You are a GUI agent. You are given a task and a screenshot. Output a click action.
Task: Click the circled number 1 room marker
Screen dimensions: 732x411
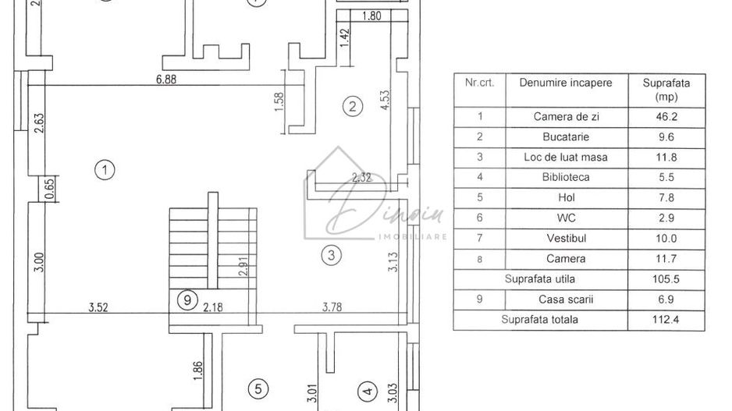click(x=103, y=168)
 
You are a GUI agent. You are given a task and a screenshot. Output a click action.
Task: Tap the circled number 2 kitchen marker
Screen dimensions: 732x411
click(x=353, y=107)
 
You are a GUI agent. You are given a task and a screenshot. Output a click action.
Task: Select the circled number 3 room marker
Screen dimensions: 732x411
click(x=331, y=254)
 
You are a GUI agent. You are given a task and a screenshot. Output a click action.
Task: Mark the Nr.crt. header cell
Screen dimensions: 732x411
click(x=478, y=83)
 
